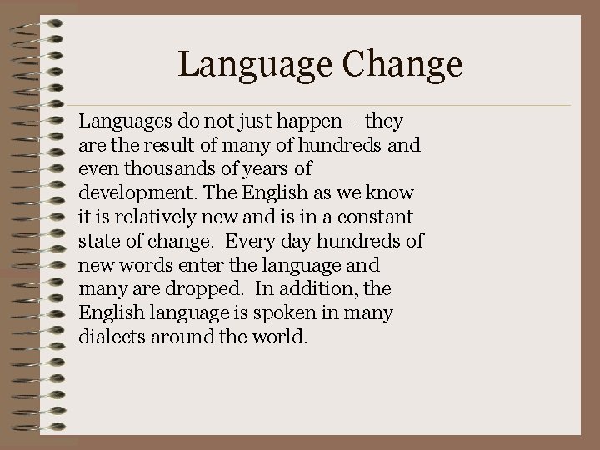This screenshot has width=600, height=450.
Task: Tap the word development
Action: coord(131,194)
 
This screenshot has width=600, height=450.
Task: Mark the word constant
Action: coord(376,217)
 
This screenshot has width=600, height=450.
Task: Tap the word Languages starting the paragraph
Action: coord(122,122)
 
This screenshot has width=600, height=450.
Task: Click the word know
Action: coord(395,194)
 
